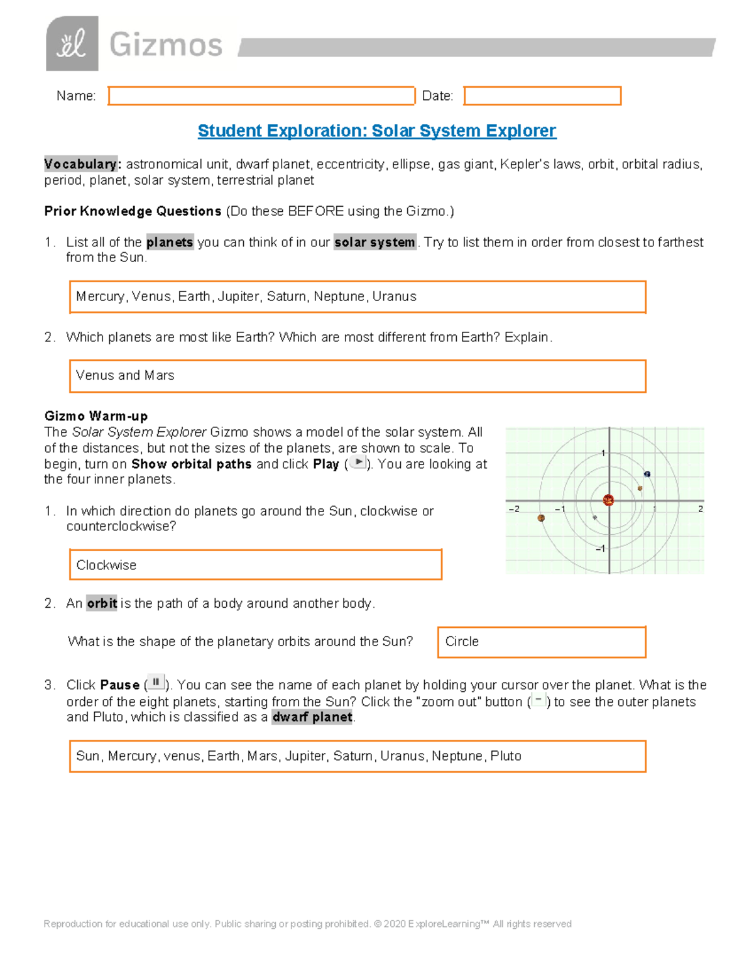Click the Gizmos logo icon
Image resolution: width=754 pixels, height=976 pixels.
point(72,43)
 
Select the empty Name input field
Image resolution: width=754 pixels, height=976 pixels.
point(261,96)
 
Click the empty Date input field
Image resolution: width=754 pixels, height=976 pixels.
point(542,96)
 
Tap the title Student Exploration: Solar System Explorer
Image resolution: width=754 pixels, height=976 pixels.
point(376,131)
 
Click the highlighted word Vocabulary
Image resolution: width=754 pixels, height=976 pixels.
point(80,164)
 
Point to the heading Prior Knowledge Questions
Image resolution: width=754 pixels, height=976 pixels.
point(133,211)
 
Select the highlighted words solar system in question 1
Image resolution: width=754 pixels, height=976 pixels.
point(374,243)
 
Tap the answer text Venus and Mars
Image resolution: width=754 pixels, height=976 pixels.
point(125,376)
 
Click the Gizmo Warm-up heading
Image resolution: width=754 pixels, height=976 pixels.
point(96,416)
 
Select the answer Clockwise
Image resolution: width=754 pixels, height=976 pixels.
point(106,565)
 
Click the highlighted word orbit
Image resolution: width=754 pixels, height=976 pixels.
point(102,603)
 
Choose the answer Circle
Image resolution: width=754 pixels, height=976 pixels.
point(462,642)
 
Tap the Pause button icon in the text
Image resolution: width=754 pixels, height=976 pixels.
point(156,683)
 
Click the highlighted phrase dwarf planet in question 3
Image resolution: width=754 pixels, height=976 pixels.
point(312,717)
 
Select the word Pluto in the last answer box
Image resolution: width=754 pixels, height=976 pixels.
point(506,756)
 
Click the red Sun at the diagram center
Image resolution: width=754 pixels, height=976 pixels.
point(608,500)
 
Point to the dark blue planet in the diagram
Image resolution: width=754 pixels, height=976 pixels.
point(647,474)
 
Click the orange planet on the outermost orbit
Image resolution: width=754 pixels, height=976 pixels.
point(541,518)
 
